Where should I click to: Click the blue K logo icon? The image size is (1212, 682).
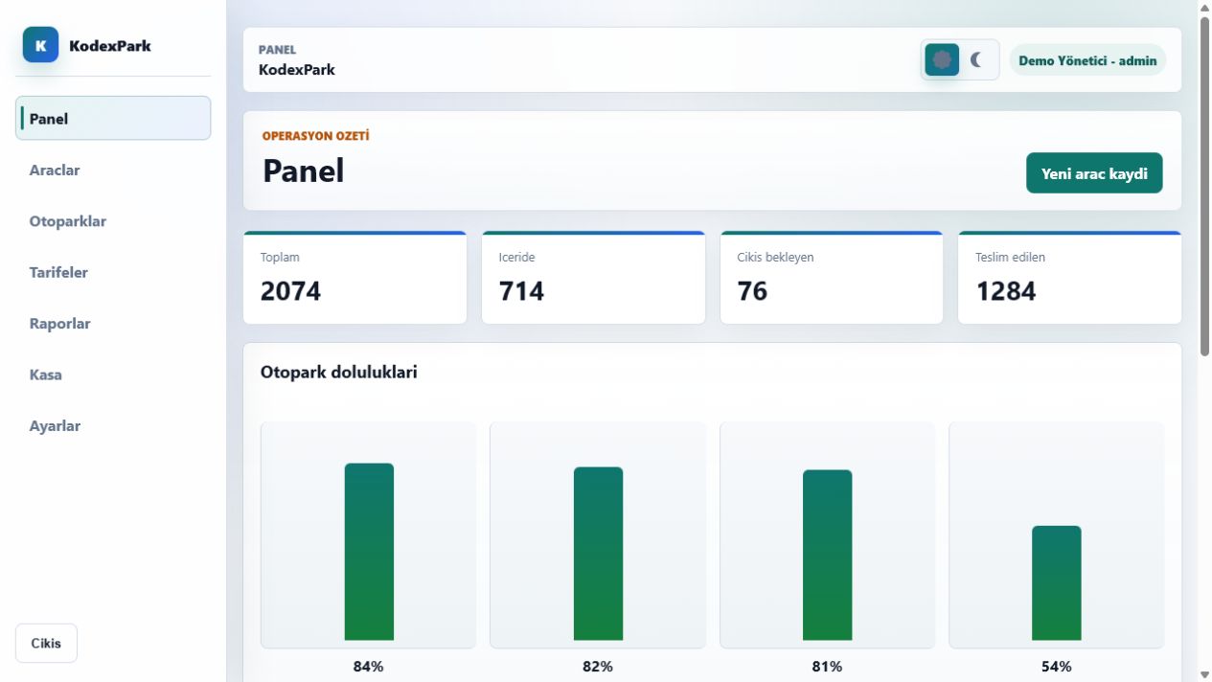[x=40, y=45]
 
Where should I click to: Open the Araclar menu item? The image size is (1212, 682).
[x=55, y=170]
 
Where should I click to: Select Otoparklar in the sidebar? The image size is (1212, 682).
[x=68, y=221]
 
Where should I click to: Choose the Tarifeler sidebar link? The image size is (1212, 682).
[x=58, y=273]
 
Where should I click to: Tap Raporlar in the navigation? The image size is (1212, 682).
[x=59, y=324]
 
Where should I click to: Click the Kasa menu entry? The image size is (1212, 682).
[x=45, y=375]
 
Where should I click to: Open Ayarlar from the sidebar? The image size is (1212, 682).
[x=55, y=425]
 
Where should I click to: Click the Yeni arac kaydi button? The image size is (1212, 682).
[x=1094, y=173]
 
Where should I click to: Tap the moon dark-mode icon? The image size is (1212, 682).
[x=976, y=59]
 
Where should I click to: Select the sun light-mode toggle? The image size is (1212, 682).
[x=942, y=59]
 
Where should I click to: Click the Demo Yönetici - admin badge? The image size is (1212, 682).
[x=1087, y=60]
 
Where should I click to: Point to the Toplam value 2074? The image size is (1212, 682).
[x=290, y=291]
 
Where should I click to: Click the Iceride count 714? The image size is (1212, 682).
[x=521, y=291]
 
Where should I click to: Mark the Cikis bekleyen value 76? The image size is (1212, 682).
[x=752, y=291]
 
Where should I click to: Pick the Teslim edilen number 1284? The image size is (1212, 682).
[x=1006, y=291]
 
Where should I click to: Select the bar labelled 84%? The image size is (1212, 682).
[x=369, y=552]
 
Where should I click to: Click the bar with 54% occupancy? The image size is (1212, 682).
[x=1056, y=583]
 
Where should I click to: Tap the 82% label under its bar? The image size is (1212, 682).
[x=597, y=667]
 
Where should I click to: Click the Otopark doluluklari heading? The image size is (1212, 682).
[x=339, y=372]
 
